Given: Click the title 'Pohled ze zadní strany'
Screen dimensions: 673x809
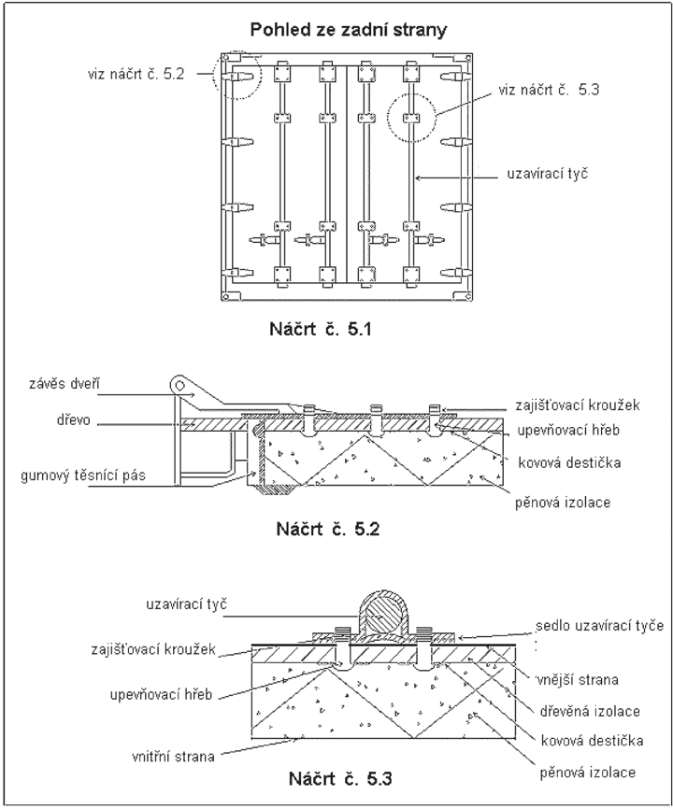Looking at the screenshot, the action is pyautogui.click(x=349, y=30).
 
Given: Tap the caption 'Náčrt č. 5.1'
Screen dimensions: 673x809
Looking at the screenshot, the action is pyautogui.click(x=321, y=329).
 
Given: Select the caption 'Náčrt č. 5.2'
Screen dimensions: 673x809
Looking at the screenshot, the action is pyautogui.click(x=328, y=529).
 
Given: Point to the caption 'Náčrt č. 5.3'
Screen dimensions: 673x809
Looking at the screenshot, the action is pyautogui.click(x=340, y=778).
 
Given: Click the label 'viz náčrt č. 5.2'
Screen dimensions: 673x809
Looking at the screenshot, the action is pyautogui.click(x=136, y=74).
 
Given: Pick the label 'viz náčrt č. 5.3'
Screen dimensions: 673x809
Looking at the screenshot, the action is pyautogui.click(x=549, y=90).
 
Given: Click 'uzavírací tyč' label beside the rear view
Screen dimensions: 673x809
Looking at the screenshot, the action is pyautogui.click(x=547, y=174).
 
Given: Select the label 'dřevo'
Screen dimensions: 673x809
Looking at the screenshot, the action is pyautogui.click(x=73, y=420).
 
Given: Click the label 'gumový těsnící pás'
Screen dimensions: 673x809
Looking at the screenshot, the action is pyautogui.click(x=83, y=475).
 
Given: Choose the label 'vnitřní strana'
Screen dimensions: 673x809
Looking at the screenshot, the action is pyautogui.click(x=173, y=757).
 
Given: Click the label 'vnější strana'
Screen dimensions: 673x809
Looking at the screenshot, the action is pyautogui.click(x=577, y=679).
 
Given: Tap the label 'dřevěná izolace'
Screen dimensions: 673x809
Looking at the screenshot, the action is pyautogui.click(x=590, y=712).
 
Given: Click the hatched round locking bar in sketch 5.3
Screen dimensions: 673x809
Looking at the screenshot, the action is pyautogui.click(x=383, y=615).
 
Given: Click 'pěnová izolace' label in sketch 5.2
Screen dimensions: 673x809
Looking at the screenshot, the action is pyautogui.click(x=563, y=502).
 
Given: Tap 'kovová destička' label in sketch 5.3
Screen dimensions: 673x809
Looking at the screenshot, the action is pyautogui.click(x=592, y=742).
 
